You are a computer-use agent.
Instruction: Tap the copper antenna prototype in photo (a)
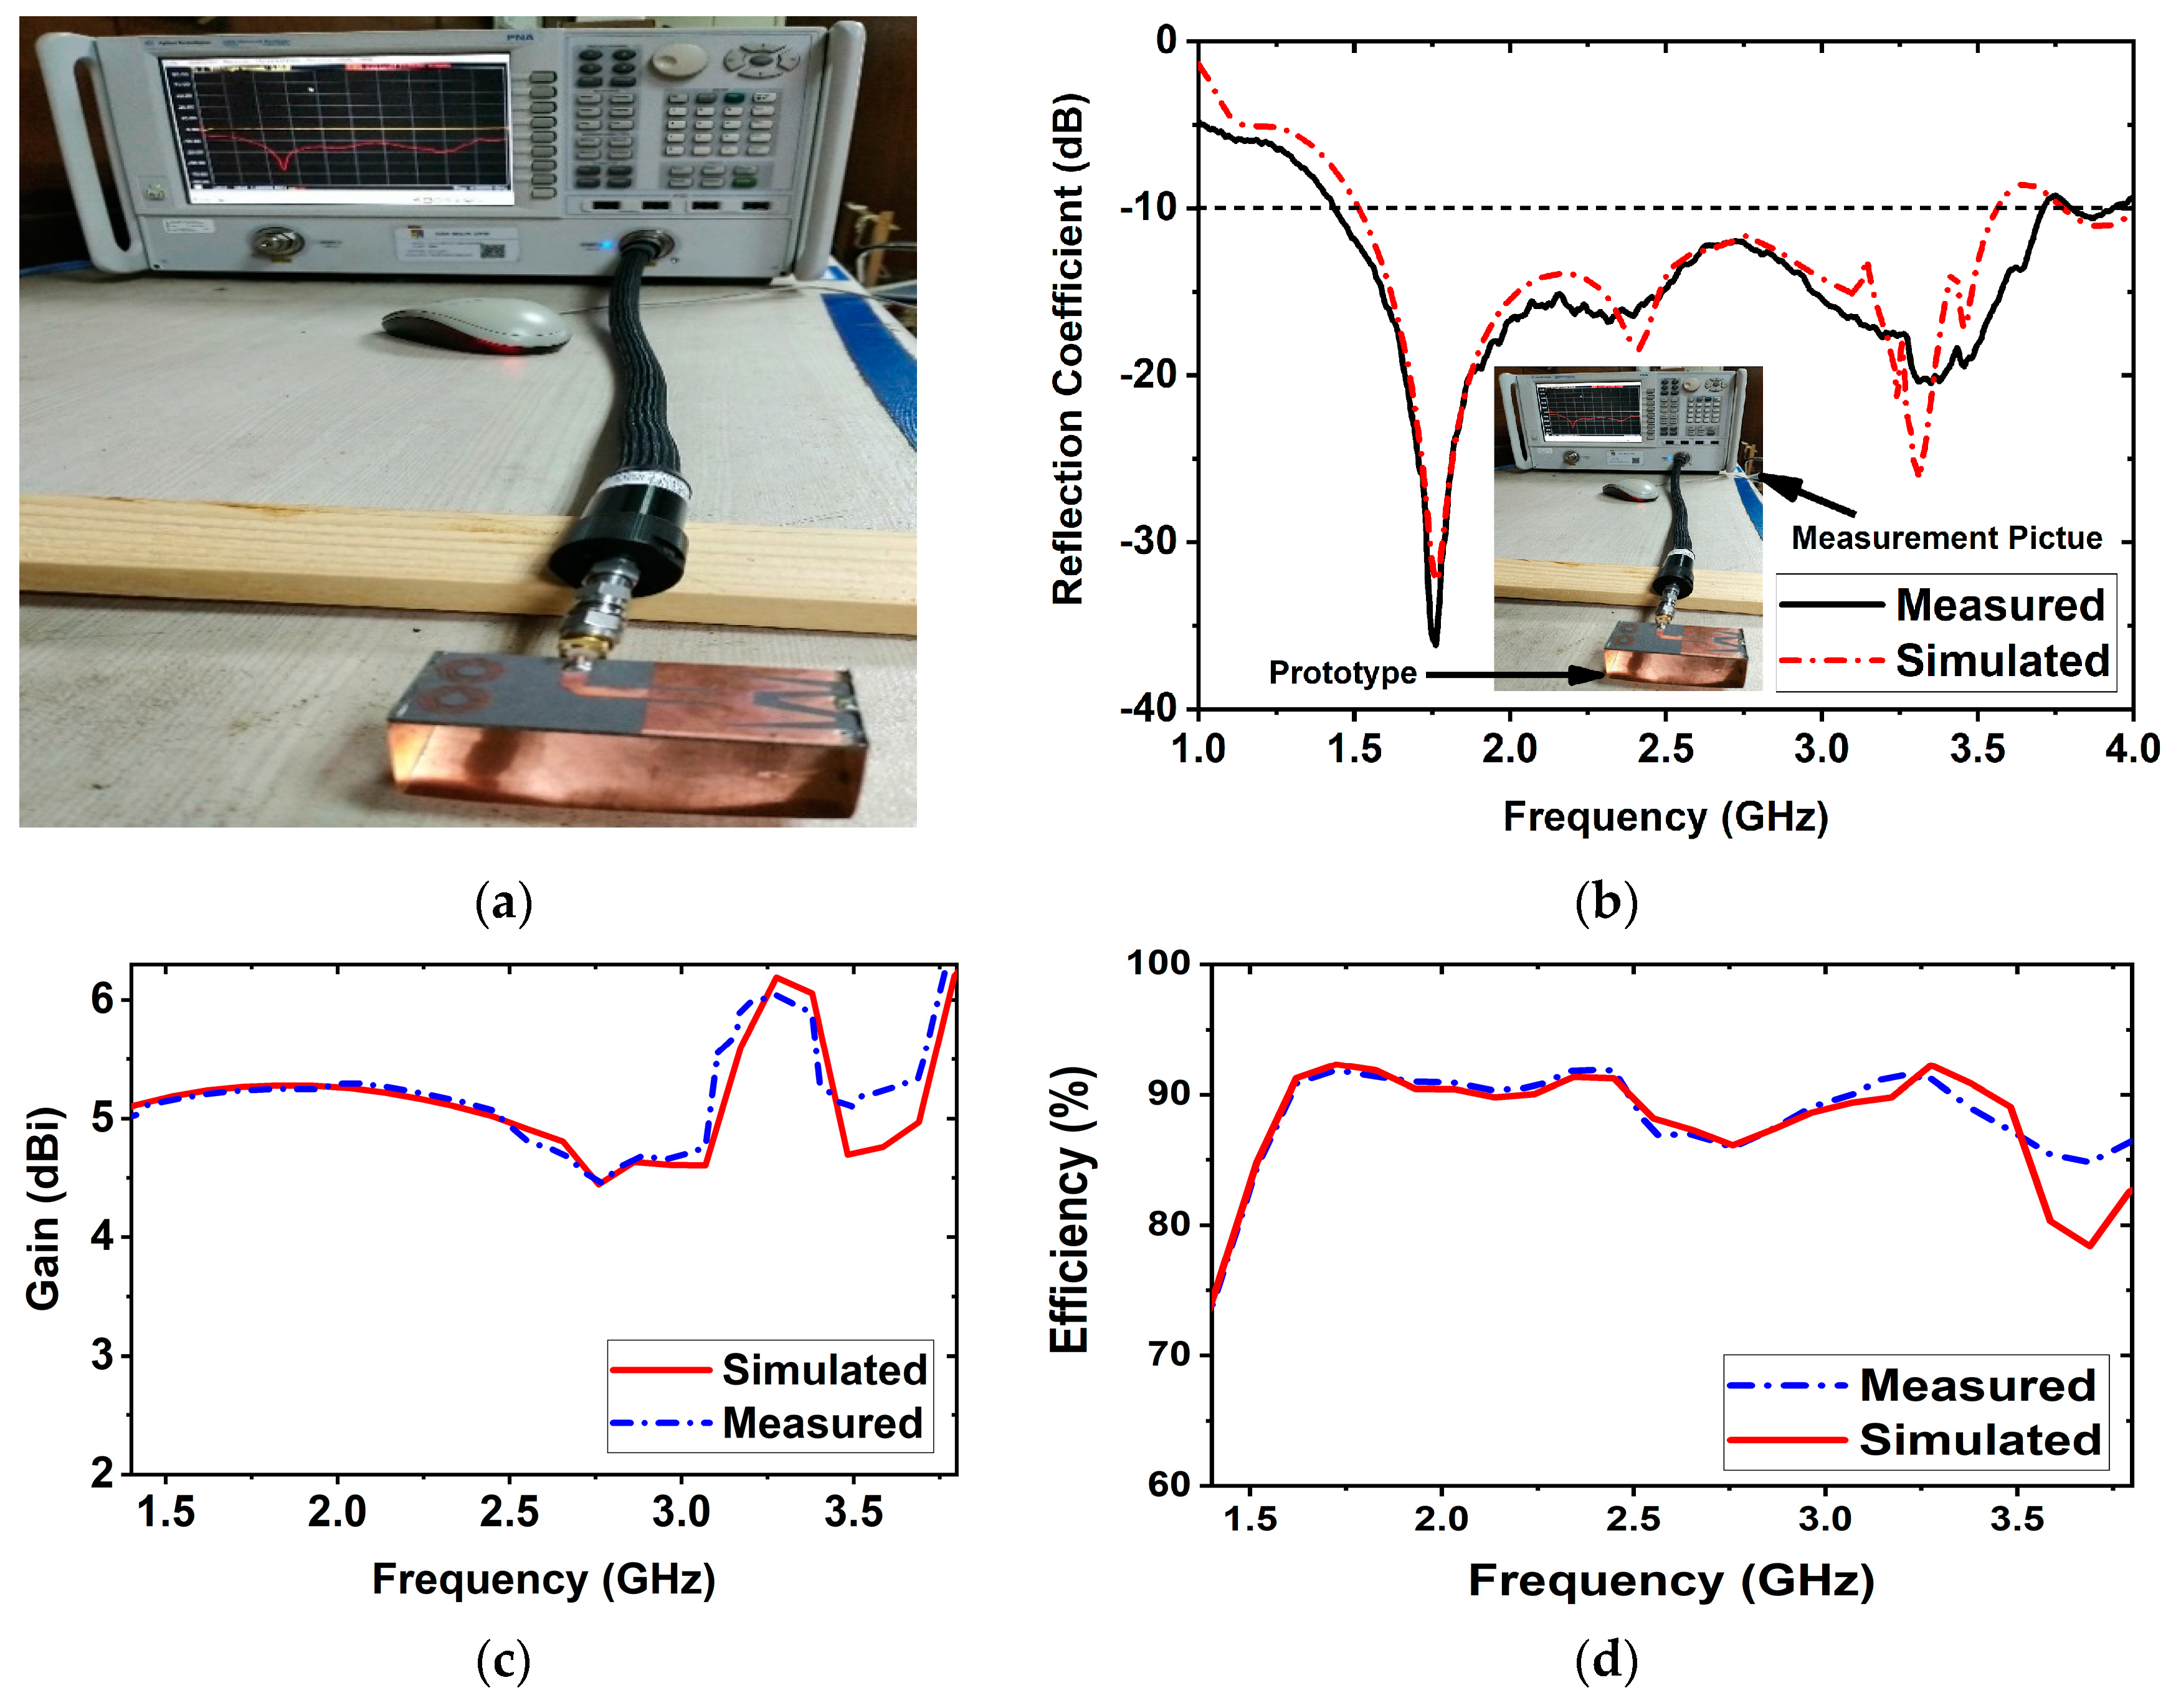point(629,729)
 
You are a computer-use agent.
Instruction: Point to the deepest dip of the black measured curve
point(1435,642)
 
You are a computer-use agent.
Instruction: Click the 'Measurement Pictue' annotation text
point(1946,538)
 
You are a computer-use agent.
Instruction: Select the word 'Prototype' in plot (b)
point(1342,673)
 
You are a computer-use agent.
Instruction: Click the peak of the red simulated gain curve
point(776,978)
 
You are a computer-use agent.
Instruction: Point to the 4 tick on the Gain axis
point(102,1236)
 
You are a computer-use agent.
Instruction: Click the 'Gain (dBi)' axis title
point(42,1209)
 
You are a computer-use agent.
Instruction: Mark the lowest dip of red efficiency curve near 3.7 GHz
point(2089,1246)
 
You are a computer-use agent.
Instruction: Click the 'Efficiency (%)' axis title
point(1070,1209)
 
